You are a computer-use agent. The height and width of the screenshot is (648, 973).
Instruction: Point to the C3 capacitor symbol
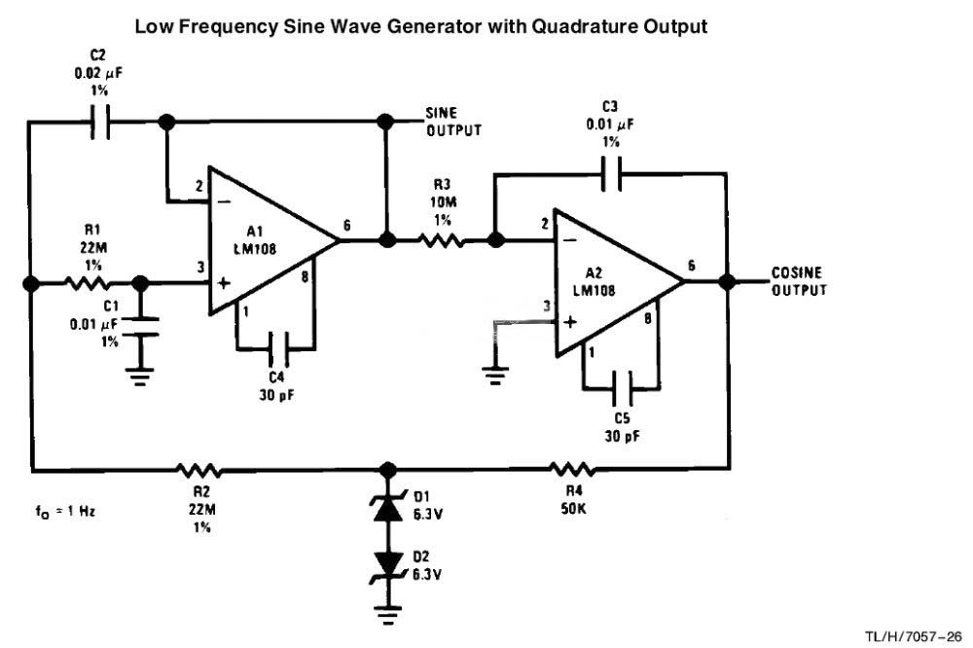(x=611, y=175)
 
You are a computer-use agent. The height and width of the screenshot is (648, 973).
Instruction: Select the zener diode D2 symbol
(x=388, y=561)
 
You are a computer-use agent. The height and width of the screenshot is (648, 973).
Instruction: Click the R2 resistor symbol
(x=199, y=470)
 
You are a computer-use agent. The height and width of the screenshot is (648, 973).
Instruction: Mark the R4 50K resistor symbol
(x=572, y=470)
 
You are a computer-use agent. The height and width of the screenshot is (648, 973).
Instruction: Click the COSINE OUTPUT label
(x=799, y=281)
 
